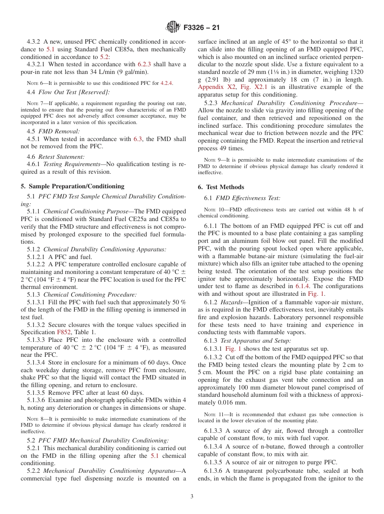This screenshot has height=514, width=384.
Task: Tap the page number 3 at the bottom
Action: (x=192, y=496)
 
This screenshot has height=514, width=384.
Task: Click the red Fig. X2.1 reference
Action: (x=247, y=87)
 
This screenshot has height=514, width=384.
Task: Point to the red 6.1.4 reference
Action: (x=301, y=286)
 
